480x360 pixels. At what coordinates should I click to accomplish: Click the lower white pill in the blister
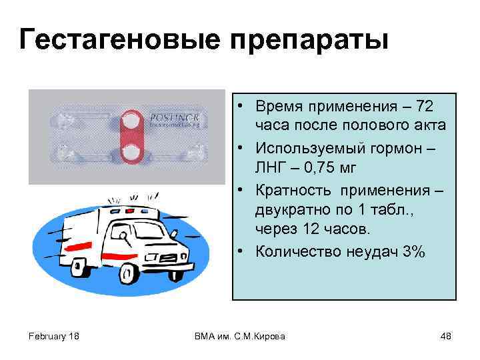pos(132,153)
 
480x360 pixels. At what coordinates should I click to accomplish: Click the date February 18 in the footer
pos(54,337)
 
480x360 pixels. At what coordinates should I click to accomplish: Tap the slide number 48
pos(446,337)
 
